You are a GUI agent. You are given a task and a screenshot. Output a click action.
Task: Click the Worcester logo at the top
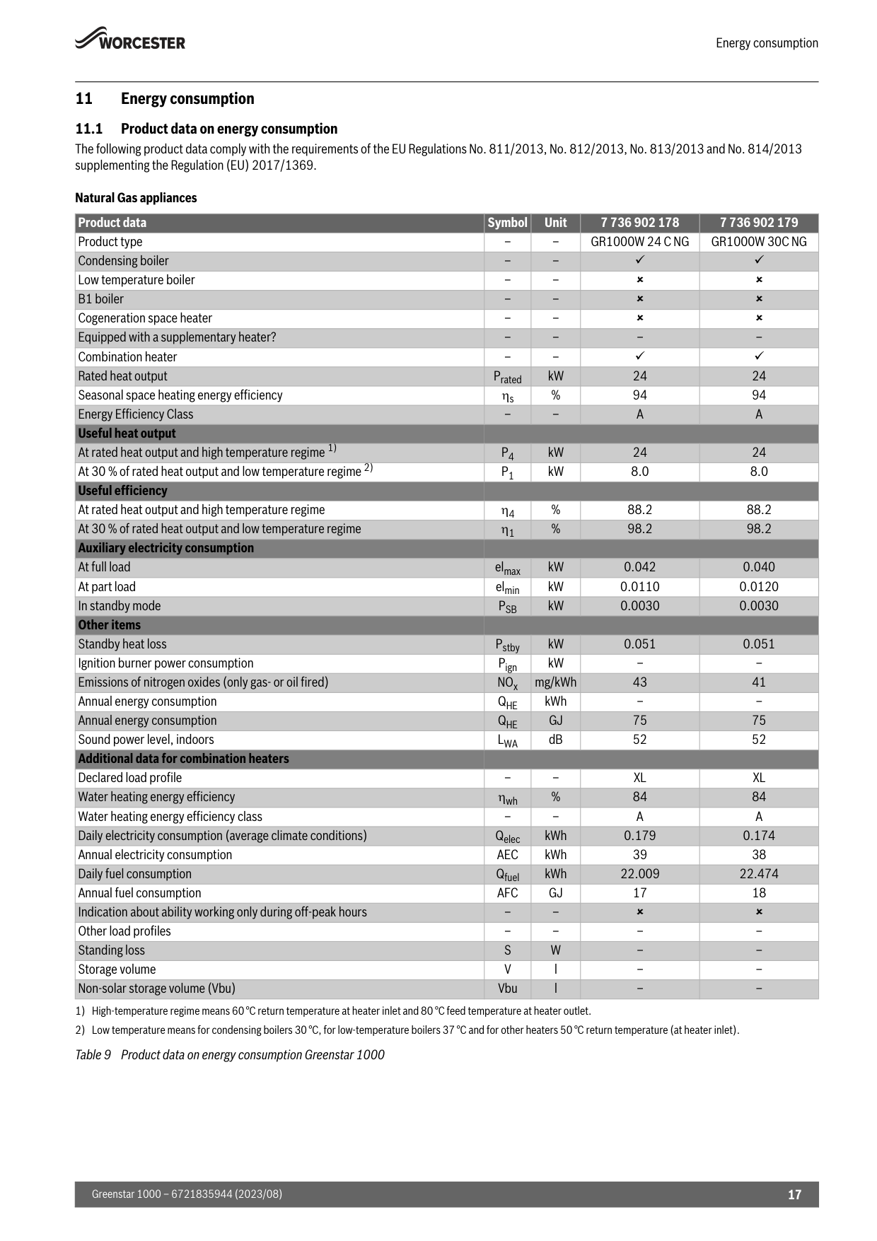click(130, 40)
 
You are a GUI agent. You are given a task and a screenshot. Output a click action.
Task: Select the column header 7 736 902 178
click(639, 223)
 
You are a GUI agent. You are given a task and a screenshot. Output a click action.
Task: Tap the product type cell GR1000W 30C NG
click(758, 242)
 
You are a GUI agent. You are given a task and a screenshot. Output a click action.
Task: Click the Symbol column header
click(507, 223)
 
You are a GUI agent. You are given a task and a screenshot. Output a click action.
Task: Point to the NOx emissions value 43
click(639, 682)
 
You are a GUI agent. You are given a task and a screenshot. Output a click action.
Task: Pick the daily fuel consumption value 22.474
click(758, 874)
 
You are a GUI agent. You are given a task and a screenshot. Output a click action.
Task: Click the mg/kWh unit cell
click(555, 682)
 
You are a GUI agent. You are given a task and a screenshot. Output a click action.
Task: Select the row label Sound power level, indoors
click(146, 740)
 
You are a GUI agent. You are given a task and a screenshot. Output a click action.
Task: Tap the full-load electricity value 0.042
click(639, 567)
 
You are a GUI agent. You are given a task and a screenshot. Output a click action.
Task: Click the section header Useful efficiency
click(122, 491)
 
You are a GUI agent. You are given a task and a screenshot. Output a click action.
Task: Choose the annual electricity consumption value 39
click(639, 855)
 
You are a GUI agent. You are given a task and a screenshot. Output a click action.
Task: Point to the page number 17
click(794, 1194)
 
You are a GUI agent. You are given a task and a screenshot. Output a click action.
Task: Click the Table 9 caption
click(230, 1055)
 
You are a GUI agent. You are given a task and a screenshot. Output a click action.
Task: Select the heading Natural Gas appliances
click(136, 198)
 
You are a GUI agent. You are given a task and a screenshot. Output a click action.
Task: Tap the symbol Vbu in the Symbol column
click(507, 989)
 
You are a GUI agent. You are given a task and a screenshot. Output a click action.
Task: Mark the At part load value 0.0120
click(758, 587)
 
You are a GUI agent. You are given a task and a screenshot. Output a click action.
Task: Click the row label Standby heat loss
click(122, 644)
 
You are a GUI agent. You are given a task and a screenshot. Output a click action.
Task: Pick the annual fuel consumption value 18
click(758, 893)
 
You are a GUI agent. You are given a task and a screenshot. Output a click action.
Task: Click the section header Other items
click(109, 625)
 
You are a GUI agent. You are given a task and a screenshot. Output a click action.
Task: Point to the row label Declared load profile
click(129, 778)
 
